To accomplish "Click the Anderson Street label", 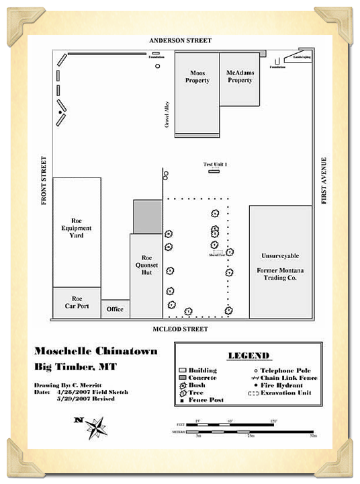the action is (180, 41).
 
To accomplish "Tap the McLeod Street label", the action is (180, 329).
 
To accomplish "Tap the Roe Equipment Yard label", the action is (76, 228).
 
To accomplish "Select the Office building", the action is (115, 309).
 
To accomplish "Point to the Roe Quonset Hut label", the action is (146, 266).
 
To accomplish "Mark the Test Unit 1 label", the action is (216, 165).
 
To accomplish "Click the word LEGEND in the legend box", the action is (249, 355).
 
